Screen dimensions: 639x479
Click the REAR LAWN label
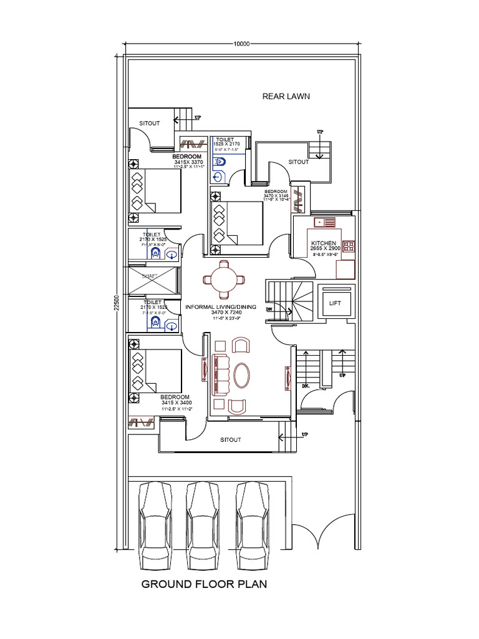[x=286, y=96]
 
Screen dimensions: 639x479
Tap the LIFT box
[x=335, y=303]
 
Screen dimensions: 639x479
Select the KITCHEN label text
[x=324, y=243]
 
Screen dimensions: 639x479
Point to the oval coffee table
[x=242, y=375]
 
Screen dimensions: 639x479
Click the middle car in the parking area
[x=203, y=524]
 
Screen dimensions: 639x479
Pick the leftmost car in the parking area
[x=154, y=524]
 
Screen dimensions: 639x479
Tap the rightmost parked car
[x=253, y=524]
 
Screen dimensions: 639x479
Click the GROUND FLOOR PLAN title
[x=204, y=585]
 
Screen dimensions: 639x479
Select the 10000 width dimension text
[x=241, y=44]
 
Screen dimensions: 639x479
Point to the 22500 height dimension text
[x=117, y=303]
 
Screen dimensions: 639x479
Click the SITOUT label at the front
[x=231, y=440]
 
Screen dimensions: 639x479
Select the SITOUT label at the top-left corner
[x=150, y=123]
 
